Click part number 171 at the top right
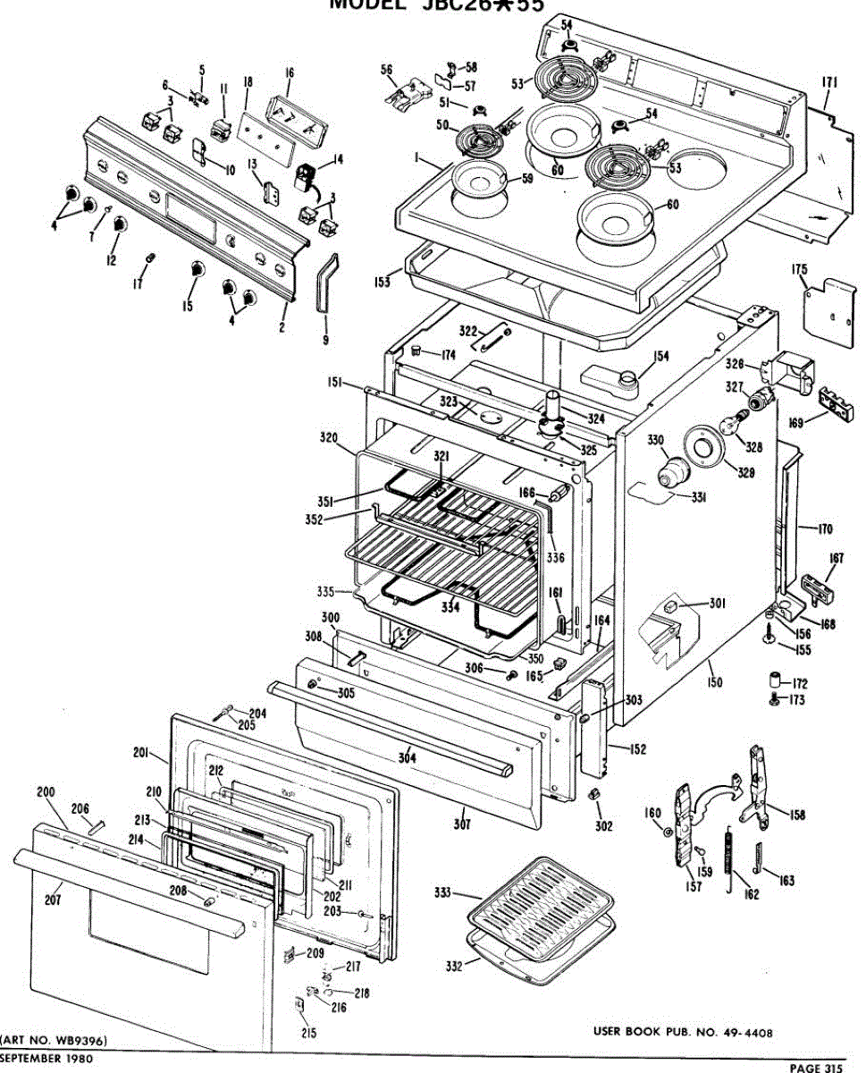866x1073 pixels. click(x=829, y=83)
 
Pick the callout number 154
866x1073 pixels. click(x=660, y=357)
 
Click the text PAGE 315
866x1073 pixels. click(x=816, y=1067)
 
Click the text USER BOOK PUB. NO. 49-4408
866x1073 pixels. click(x=682, y=1033)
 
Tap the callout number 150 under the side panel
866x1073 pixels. click(x=714, y=683)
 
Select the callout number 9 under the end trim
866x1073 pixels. click(x=325, y=340)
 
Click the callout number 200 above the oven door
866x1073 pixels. click(x=45, y=792)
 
